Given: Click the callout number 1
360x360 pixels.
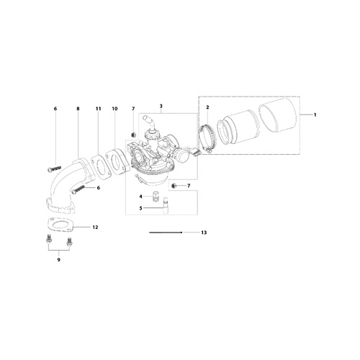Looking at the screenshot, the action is pyautogui.click(x=315, y=115).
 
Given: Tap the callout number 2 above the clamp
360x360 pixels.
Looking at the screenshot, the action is pyautogui.click(x=207, y=107).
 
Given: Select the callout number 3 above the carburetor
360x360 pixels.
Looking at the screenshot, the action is pyautogui.click(x=161, y=106).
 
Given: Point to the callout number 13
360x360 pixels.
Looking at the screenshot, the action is pyautogui.click(x=204, y=233).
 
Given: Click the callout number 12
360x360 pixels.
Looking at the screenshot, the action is pyautogui.click(x=95, y=227).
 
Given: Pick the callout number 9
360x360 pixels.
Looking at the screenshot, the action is pyautogui.click(x=59, y=260).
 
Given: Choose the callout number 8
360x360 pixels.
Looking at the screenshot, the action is pyautogui.click(x=78, y=109).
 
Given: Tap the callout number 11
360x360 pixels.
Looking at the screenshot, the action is pyautogui.click(x=98, y=109).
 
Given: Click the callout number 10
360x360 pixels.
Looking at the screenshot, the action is pyautogui.click(x=114, y=109).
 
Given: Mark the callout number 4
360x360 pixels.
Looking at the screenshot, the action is pyautogui.click(x=141, y=197).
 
